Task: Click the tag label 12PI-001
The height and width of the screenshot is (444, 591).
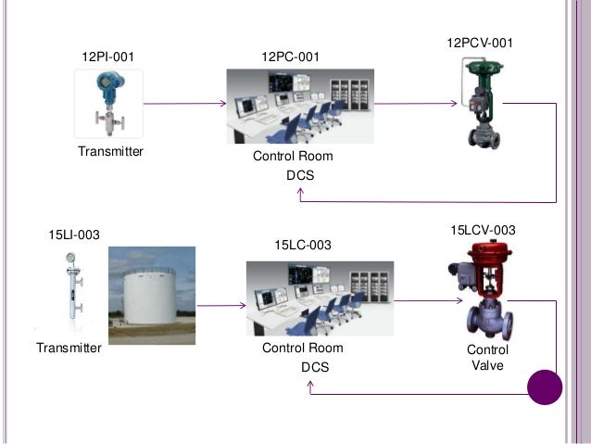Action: pyautogui.click(x=108, y=57)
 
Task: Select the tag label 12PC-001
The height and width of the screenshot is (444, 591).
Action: pyautogui.click(x=291, y=57)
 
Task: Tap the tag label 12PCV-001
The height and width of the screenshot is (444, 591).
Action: pyautogui.click(x=479, y=44)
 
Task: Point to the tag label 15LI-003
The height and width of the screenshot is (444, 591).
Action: pyautogui.click(x=74, y=235)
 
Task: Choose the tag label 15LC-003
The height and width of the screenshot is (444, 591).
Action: pyautogui.click(x=304, y=244)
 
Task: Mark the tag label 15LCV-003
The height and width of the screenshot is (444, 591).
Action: pyautogui.click(x=483, y=229)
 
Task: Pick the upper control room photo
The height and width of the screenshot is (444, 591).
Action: pyautogui.click(x=300, y=105)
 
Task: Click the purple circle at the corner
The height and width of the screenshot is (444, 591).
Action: pyautogui.click(x=545, y=387)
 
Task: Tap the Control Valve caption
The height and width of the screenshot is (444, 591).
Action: pyautogui.click(x=487, y=358)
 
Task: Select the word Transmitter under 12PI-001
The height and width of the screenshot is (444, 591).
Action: pyautogui.click(x=110, y=151)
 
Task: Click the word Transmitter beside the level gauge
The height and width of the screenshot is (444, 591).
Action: pyautogui.click(x=68, y=349)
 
